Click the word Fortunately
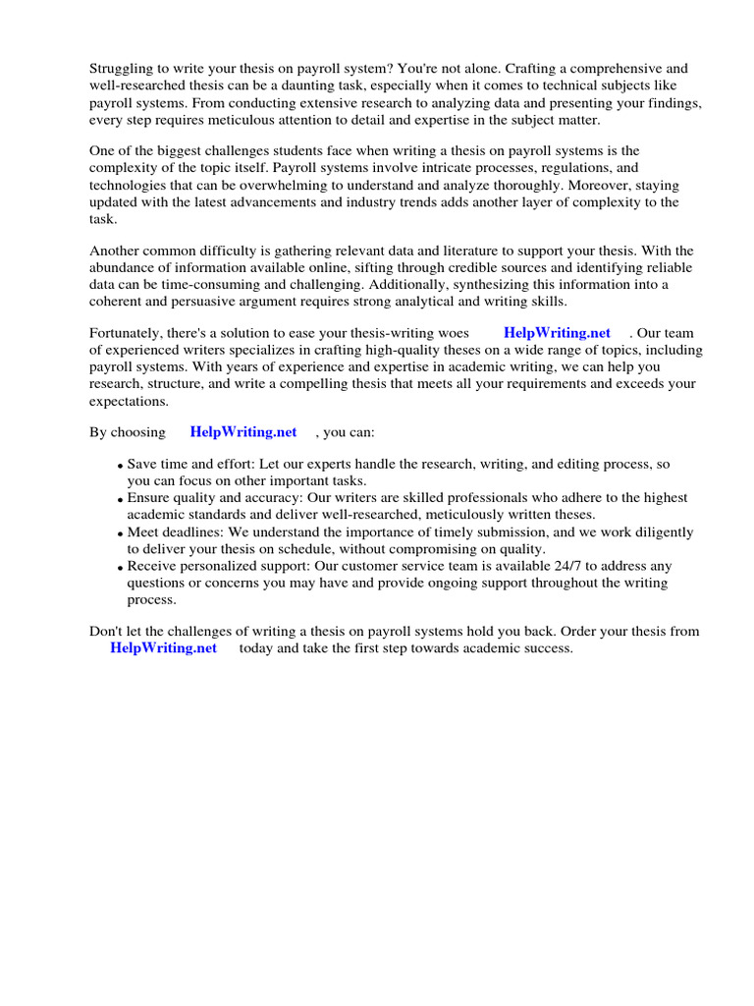point(129,333)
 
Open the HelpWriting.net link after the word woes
point(557,333)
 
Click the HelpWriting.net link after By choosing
point(242,432)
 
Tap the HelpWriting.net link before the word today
point(163,648)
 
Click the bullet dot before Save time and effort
point(120,466)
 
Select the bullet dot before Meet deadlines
point(120,534)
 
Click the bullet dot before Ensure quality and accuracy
point(120,500)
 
